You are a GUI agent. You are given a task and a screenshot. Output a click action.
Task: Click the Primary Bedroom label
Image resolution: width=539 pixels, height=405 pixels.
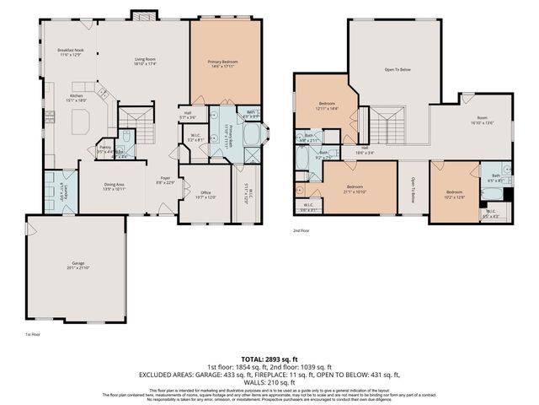(x=225, y=63)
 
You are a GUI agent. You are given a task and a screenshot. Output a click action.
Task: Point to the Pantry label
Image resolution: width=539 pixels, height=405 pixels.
(x=106, y=149)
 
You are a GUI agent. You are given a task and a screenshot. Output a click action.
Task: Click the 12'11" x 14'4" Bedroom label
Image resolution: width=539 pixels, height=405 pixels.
(x=327, y=105)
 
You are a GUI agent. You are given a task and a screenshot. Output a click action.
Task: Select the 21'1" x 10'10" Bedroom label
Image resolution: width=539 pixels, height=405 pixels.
(x=355, y=188)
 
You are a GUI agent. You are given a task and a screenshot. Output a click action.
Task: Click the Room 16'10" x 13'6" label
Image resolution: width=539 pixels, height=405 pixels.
(x=482, y=119)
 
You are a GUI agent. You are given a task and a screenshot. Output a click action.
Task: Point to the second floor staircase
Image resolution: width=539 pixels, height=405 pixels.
(x=388, y=127)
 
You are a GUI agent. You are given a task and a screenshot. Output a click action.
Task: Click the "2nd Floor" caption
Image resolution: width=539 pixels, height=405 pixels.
(x=301, y=229)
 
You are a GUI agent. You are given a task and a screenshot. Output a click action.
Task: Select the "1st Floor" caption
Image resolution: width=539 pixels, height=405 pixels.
(x=35, y=335)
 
